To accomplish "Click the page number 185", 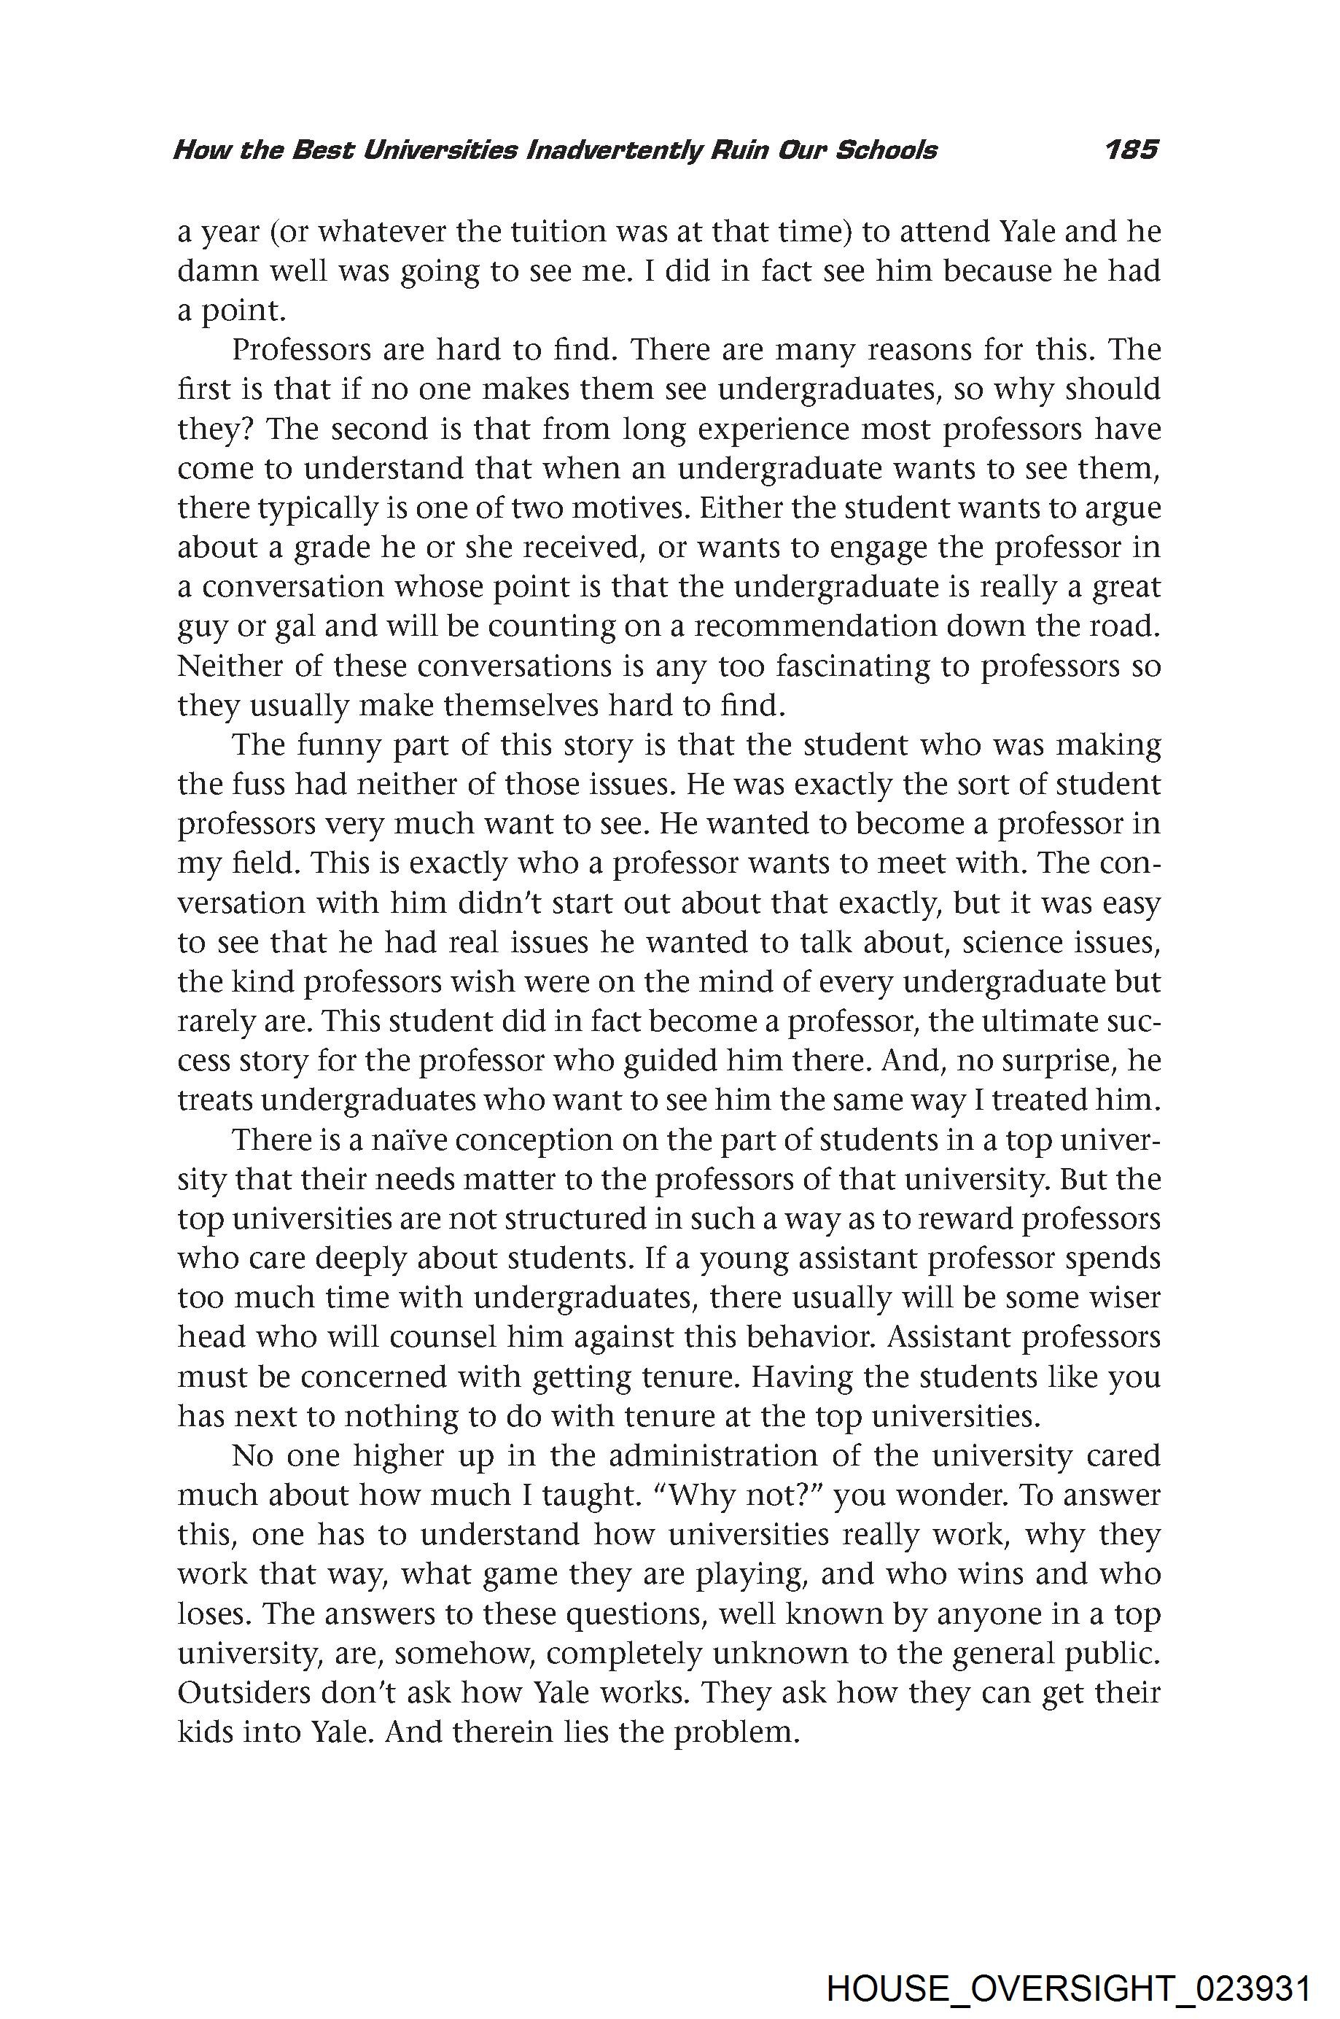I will [1131, 150].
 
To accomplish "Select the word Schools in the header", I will [885, 150].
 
